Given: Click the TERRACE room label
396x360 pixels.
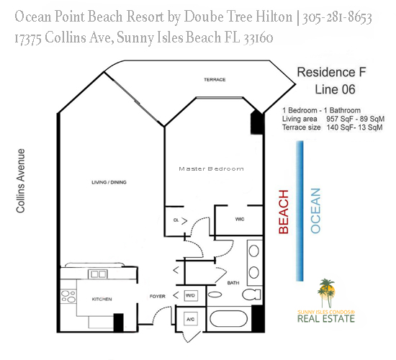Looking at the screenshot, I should tap(214, 79).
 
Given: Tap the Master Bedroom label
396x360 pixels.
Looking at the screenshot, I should tap(211, 169).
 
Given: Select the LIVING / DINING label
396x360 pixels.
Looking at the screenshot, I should tap(109, 182).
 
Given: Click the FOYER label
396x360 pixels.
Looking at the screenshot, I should tap(158, 294).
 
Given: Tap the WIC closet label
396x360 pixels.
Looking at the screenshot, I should tap(240, 220).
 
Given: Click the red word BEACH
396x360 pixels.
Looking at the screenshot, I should tap(284, 212).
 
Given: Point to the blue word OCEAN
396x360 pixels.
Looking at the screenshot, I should tap(315, 210).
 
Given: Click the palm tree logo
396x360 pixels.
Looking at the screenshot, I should tap(328, 291).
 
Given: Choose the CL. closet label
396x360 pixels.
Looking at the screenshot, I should tap(176, 219).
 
